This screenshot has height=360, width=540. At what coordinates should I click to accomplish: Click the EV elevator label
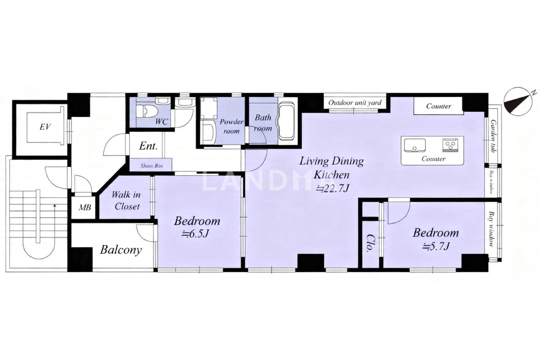(x=45, y=127)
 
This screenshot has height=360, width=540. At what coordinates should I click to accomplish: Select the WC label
(x=161, y=122)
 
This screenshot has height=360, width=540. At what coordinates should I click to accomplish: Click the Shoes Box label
(x=152, y=166)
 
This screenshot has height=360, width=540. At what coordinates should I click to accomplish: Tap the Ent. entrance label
(x=148, y=146)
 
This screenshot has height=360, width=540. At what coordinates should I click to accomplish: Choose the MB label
(x=85, y=207)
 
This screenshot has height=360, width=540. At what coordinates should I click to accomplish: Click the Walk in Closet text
(x=126, y=201)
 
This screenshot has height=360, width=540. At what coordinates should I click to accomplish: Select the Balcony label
(x=121, y=250)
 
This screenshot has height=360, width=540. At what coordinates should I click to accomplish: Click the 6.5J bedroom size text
(x=195, y=234)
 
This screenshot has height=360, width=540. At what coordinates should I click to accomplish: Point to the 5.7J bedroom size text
(x=436, y=247)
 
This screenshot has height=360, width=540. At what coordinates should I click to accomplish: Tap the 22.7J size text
(x=333, y=188)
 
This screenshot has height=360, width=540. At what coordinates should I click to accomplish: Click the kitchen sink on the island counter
(x=415, y=145)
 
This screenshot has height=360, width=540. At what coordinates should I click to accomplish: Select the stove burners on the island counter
(x=450, y=145)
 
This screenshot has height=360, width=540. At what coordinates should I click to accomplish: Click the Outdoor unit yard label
(x=355, y=103)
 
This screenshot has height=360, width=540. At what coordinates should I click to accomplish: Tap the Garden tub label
(x=493, y=136)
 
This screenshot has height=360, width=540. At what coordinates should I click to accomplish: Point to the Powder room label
(x=231, y=126)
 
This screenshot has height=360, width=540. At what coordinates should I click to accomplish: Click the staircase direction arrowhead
(x=55, y=206)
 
